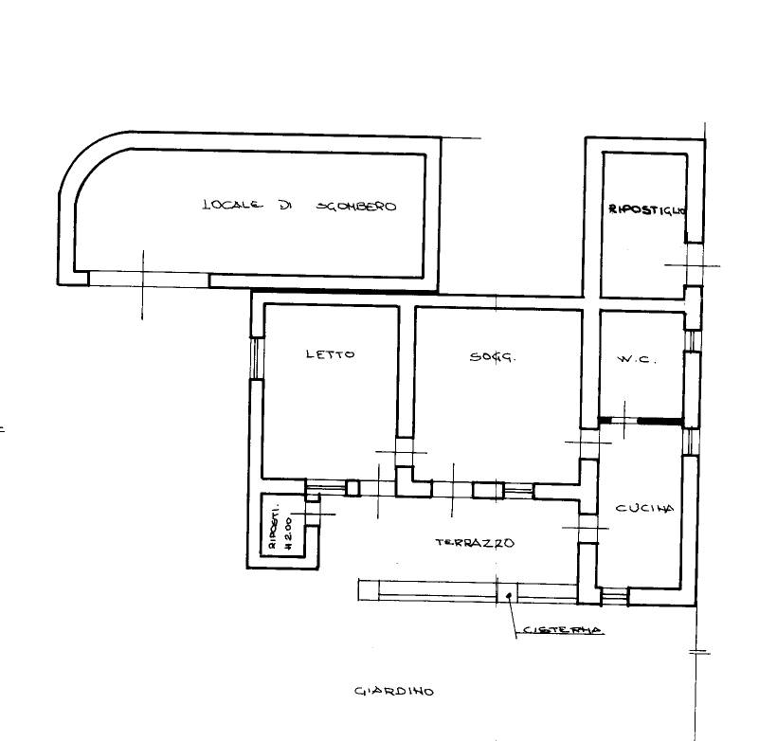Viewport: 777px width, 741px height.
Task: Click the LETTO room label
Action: pos(331,354)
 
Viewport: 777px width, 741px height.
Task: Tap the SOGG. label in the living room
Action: pos(493,356)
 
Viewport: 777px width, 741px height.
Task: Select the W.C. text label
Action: pos(637,359)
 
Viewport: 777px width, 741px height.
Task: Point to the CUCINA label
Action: pos(644,508)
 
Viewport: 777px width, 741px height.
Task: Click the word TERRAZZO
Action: pos(475,543)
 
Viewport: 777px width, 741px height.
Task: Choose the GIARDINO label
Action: pos(394,691)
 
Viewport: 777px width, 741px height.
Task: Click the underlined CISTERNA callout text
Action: pos(563,630)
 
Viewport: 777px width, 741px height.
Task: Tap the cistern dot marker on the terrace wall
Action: pos(509,595)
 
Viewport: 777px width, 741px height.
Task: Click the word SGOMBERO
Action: pos(356,207)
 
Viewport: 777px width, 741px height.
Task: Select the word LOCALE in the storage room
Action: pos(232,205)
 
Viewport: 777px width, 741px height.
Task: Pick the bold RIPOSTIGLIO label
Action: pos(647,209)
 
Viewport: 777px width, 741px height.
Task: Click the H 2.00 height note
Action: pos(287,533)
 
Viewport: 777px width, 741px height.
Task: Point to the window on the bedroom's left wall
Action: pos(256,359)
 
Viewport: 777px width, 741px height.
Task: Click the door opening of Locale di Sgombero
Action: pos(149,279)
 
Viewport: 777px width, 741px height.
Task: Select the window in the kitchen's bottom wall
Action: pos(614,596)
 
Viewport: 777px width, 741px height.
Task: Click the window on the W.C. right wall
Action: pos(693,340)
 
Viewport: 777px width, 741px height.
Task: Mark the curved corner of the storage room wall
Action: pos(87,159)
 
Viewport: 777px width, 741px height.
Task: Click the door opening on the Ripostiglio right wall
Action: pos(694,264)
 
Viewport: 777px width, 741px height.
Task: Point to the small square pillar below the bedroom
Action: pos(352,488)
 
